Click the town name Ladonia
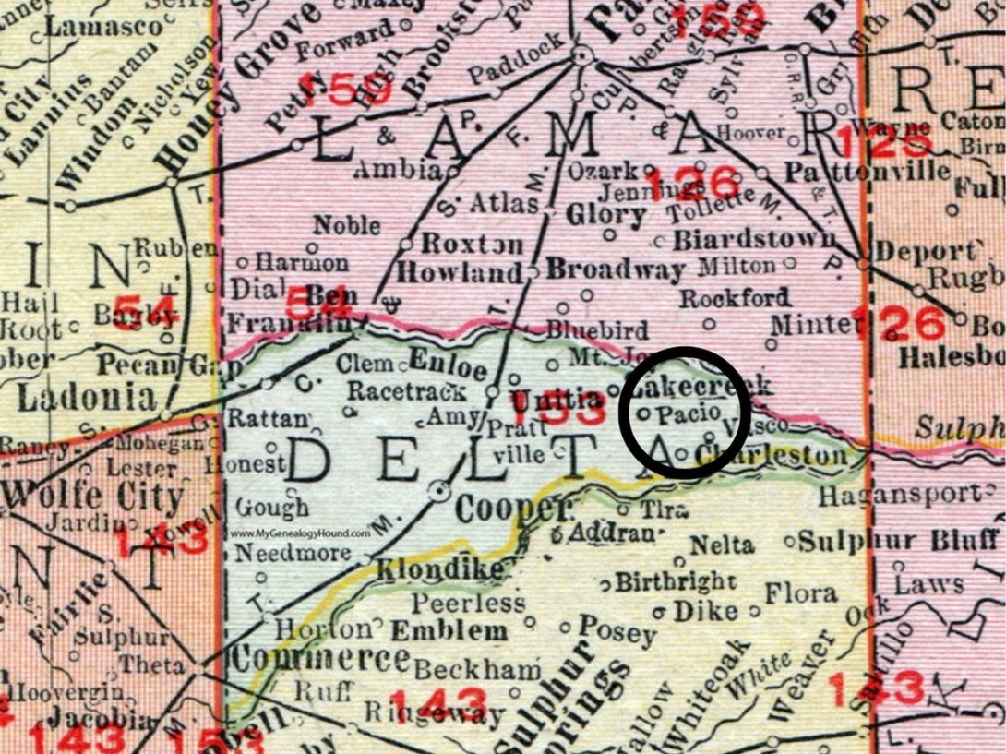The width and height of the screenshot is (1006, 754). tap(87, 398)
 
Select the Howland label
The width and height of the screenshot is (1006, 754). tap(460, 273)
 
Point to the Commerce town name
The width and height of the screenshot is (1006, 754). tap(320, 658)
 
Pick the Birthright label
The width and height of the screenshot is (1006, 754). tap(677, 583)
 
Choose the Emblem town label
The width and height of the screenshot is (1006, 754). tap(449, 632)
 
